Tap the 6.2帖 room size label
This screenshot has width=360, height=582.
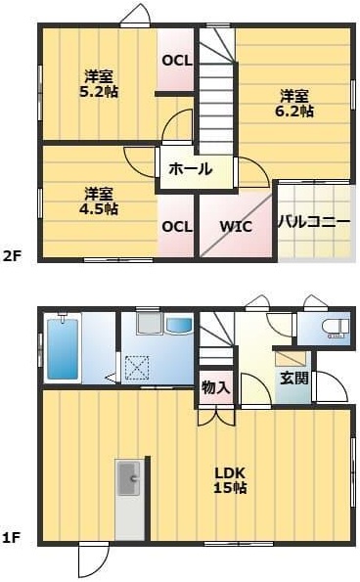[x=294, y=112]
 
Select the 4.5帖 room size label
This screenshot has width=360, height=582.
[x=98, y=208]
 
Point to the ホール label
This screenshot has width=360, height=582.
[x=190, y=169]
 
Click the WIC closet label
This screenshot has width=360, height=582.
[x=235, y=226]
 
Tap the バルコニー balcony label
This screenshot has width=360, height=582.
[x=313, y=221]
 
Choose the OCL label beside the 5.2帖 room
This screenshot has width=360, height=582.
[x=177, y=61]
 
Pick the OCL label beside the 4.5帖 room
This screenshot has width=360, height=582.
[x=177, y=226]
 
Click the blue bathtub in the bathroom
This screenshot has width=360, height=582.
[x=62, y=348]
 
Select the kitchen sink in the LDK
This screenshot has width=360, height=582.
[x=129, y=480]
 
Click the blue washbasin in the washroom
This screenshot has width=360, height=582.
[x=180, y=326]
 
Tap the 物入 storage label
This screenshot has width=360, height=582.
[x=215, y=387]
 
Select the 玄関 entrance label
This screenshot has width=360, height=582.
[x=293, y=377]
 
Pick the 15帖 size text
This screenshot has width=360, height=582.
[x=231, y=487]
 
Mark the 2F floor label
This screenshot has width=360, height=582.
[x=12, y=257]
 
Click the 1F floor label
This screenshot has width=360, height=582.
[x=12, y=537]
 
